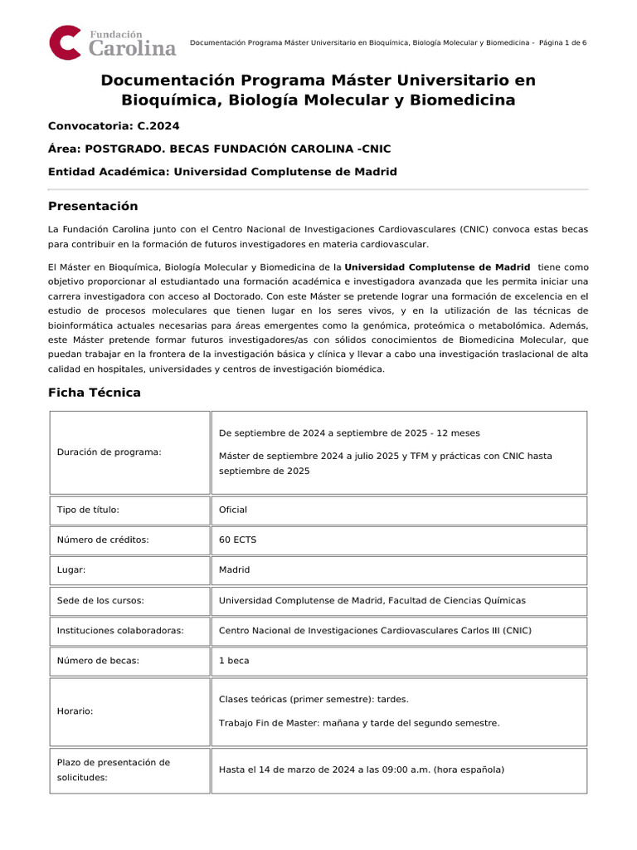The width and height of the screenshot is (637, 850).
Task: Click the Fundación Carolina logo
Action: point(113,42)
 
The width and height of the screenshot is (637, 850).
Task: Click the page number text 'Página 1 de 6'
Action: point(562,42)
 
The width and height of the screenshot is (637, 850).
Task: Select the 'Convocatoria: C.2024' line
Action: point(114,126)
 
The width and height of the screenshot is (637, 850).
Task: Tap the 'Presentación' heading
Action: point(93,206)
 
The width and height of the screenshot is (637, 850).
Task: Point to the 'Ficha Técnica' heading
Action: point(95,393)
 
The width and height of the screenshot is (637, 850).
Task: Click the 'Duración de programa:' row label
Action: point(109,452)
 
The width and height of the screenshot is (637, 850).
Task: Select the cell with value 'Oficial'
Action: point(233,510)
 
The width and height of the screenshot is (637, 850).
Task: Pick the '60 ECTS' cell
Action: point(237,540)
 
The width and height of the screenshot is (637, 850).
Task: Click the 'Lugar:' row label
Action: point(71,570)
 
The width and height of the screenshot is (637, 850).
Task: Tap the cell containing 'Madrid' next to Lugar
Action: point(234,570)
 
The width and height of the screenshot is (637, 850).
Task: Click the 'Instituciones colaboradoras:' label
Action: point(120,631)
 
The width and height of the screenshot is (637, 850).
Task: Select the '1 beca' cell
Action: point(234,661)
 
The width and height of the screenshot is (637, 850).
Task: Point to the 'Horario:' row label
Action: point(75,711)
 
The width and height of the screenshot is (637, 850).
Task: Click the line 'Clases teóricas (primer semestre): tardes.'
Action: point(314,699)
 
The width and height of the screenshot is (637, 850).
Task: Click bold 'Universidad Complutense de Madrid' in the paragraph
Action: point(437,267)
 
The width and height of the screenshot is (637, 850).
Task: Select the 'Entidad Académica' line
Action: point(222,172)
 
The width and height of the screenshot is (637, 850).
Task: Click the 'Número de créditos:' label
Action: point(103,540)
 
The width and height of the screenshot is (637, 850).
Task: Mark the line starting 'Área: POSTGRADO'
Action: point(219,149)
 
